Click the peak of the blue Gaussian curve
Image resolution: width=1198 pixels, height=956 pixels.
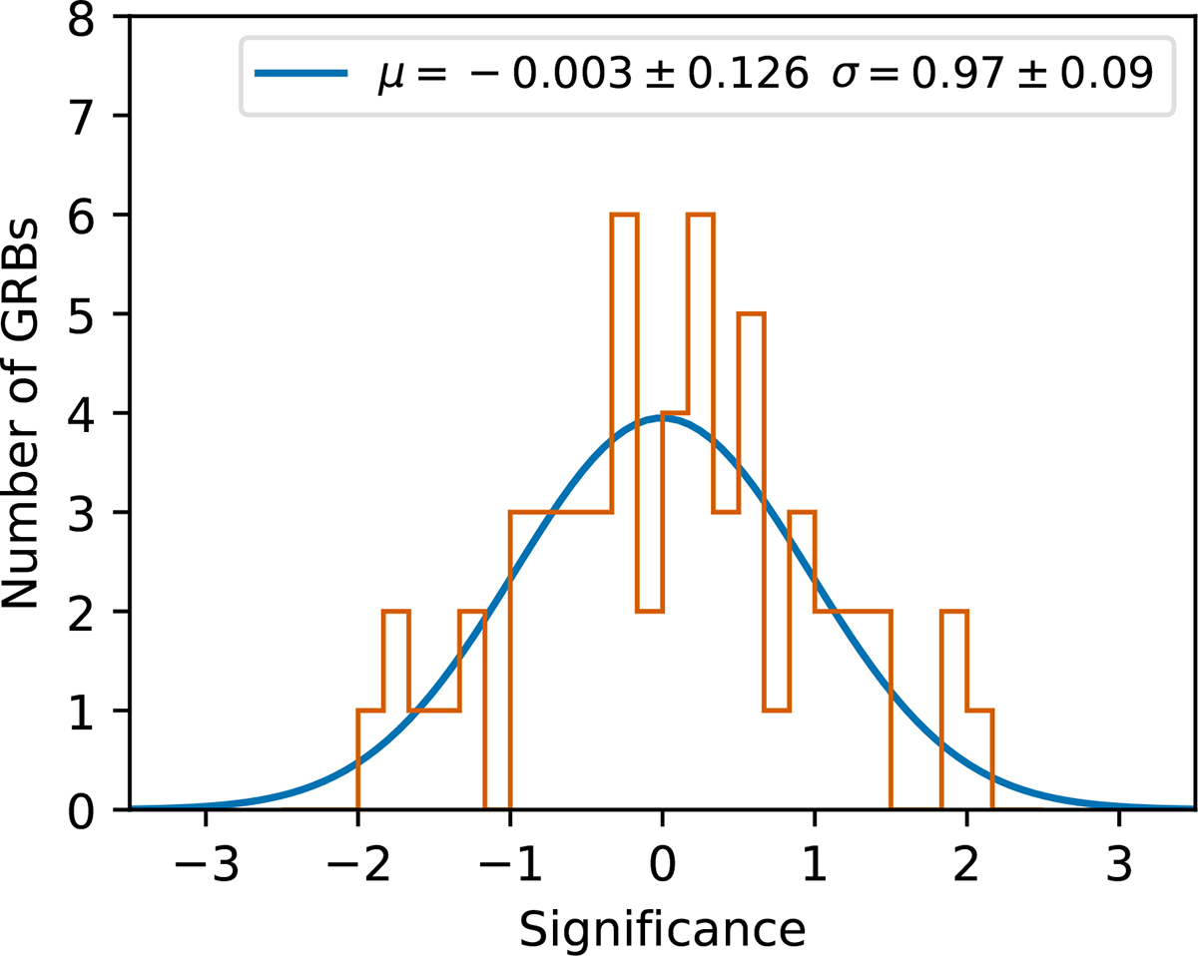point(661,418)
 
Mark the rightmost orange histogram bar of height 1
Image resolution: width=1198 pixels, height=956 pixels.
point(980,758)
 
